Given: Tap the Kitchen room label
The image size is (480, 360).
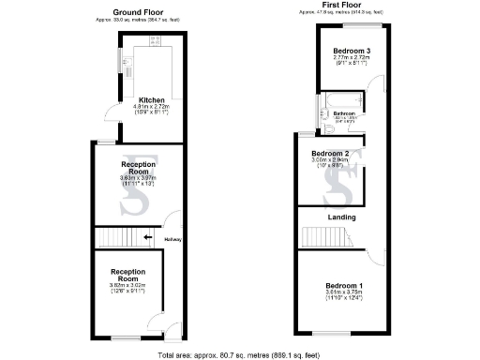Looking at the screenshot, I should [x=152, y=99].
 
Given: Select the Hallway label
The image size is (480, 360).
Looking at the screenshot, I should [x=172, y=240].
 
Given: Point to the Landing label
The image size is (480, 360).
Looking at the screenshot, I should [x=341, y=217].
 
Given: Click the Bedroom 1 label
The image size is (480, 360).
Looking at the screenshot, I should [x=342, y=285].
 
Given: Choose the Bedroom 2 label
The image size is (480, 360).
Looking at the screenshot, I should [x=330, y=153].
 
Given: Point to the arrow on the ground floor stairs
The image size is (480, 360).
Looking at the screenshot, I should [x=147, y=237].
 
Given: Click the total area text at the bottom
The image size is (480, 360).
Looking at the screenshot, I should [x=240, y=354].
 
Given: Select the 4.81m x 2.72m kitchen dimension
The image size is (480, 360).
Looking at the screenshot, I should [x=151, y=107].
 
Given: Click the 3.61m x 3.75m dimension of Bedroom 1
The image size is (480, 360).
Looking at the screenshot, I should [x=342, y=292].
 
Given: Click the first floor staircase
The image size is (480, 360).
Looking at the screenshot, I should [x=319, y=241].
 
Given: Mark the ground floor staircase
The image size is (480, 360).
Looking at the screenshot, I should [x=118, y=237].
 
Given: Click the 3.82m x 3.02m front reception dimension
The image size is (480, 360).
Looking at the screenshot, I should [x=128, y=284].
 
